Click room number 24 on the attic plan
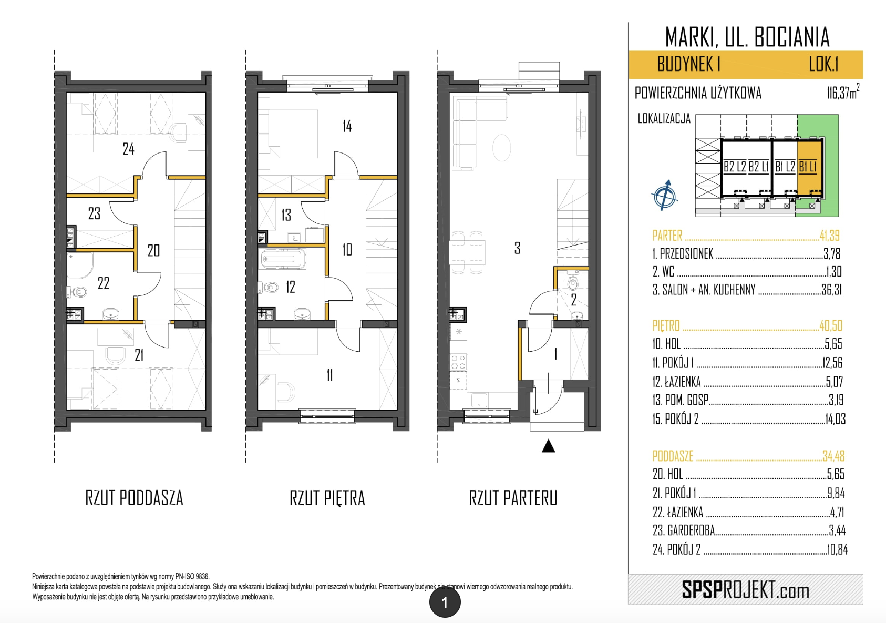128,149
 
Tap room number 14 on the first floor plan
347,126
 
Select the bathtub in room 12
283,259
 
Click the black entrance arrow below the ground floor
548,446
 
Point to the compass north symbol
665,195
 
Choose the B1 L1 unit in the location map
809,167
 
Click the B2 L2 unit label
735,167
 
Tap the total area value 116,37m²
842,92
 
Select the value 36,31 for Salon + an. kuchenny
831,290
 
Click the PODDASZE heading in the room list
673,456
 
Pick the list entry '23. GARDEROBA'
684,530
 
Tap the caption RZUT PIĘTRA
327,498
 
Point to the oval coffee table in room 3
501,148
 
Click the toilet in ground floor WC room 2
573,282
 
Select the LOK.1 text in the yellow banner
823,64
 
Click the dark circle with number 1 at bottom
445,602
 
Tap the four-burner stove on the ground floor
458,362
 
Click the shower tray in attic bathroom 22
79,265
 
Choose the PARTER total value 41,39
829,236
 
